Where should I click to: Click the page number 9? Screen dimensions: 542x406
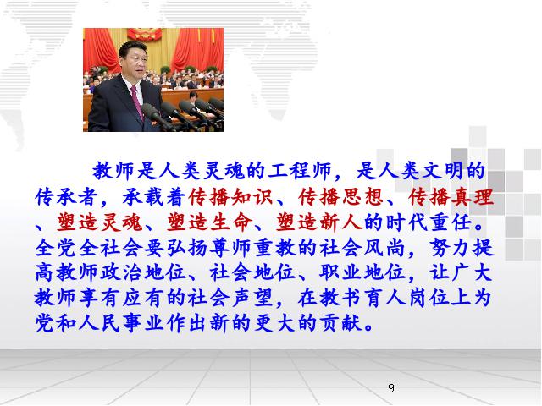(x=391, y=388)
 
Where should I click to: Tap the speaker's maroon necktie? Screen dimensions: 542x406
(x=137, y=101)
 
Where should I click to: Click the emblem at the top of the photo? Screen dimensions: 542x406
(x=145, y=34)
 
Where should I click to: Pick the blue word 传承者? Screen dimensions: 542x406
(x=66, y=197)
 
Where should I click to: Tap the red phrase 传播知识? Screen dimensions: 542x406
(x=230, y=197)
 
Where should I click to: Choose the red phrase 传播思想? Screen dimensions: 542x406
(x=340, y=197)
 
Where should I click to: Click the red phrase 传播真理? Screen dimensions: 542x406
(x=451, y=197)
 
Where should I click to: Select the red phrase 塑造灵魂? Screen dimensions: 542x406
(x=99, y=222)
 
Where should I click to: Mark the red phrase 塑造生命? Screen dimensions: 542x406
(x=209, y=222)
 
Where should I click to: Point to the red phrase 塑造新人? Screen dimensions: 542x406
(x=318, y=222)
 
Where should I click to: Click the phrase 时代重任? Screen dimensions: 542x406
(x=429, y=222)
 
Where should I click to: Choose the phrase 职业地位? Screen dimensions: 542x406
(x=362, y=272)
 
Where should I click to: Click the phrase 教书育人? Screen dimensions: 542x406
(x=363, y=298)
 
